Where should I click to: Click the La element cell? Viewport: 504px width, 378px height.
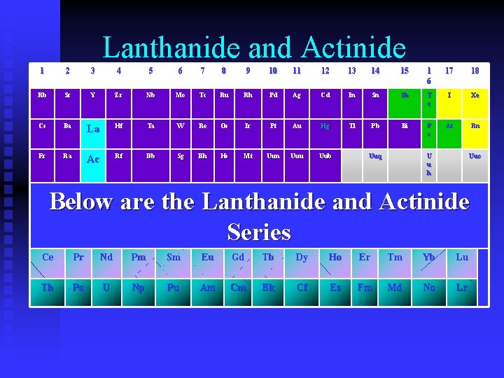click(x=92, y=129)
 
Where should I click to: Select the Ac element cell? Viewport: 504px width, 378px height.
click(x=92, y=160)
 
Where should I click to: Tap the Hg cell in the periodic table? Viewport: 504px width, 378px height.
click(x=325, y=127)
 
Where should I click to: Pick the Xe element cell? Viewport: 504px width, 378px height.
click(x=475, y=95)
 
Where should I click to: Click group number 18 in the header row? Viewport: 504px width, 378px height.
click(x=475, y=71)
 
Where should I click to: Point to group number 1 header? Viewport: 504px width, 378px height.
click(x=42, y=71)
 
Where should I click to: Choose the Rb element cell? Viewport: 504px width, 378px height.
click(x=42, y=95)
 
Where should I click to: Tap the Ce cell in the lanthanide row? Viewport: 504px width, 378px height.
click(x=48, y=257)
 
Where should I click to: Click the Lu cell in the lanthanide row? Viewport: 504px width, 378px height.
click(x=462, y=257)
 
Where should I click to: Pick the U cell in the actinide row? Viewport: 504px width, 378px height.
click(x=106, y=288)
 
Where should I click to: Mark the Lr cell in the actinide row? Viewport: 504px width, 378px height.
click(x=462, y=288)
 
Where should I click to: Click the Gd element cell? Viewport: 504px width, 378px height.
click(x=238, y=257)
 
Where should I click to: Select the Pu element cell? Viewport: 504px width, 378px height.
click(x=173, y=288)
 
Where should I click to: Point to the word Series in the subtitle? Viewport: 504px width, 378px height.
click(x=259, y=232)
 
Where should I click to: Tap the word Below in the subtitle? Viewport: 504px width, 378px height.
click(x=82, y=202)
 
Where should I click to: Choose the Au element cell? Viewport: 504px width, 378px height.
click(x=296, y=127)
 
